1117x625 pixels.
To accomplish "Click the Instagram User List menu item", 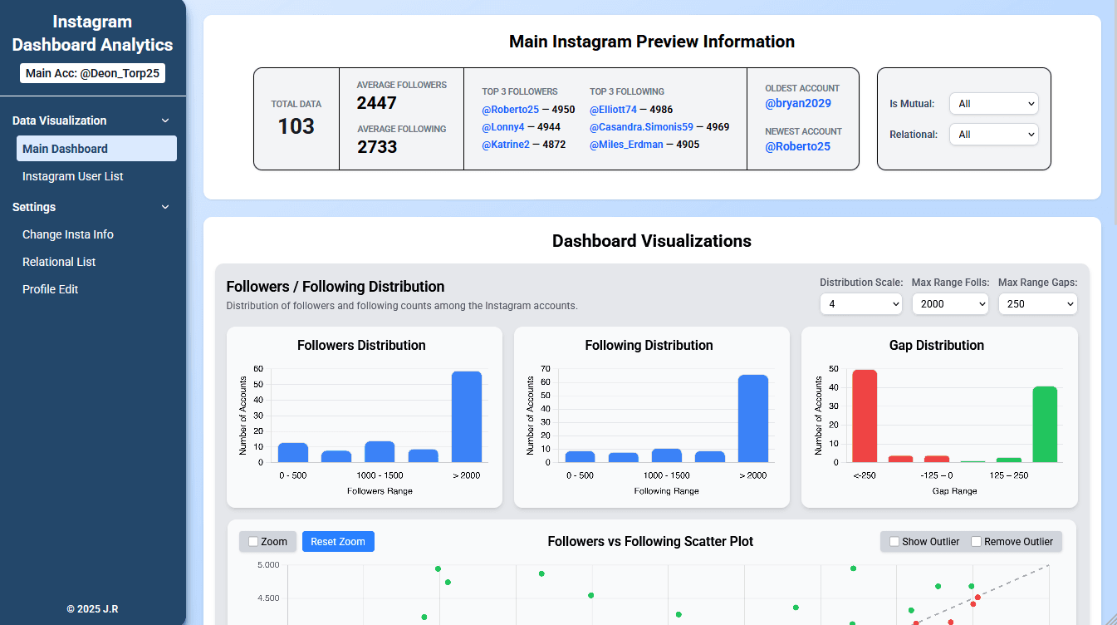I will point(73,176).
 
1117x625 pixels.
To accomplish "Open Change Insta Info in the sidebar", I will point(68,234).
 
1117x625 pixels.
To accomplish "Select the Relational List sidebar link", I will point(59,262).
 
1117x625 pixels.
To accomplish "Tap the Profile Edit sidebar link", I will point(51,289).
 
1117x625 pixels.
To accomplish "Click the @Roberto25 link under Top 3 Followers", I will point(510,110).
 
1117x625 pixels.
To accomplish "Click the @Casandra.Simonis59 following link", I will point(641,127).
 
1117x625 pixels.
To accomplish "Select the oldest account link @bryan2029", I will point(798,103).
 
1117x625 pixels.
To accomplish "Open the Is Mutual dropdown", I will point(993,104).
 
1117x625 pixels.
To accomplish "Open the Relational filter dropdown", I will point(993,135).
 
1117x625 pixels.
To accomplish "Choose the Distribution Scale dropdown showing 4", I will point(860,304).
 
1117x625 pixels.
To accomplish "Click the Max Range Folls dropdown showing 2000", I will point(950,304).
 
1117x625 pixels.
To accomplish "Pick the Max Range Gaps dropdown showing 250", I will point(1037,304).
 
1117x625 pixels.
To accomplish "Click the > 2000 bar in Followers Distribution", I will point(466,416).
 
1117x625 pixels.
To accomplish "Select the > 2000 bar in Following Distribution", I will point(753,418).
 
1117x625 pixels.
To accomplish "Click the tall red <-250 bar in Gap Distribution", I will point(865,416).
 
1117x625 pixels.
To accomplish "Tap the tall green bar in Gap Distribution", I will point(1045,424).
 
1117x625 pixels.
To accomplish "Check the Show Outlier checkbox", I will point(894,542).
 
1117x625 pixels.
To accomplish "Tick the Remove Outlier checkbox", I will point(977,542).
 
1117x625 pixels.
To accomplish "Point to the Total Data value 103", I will point(296,126).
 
